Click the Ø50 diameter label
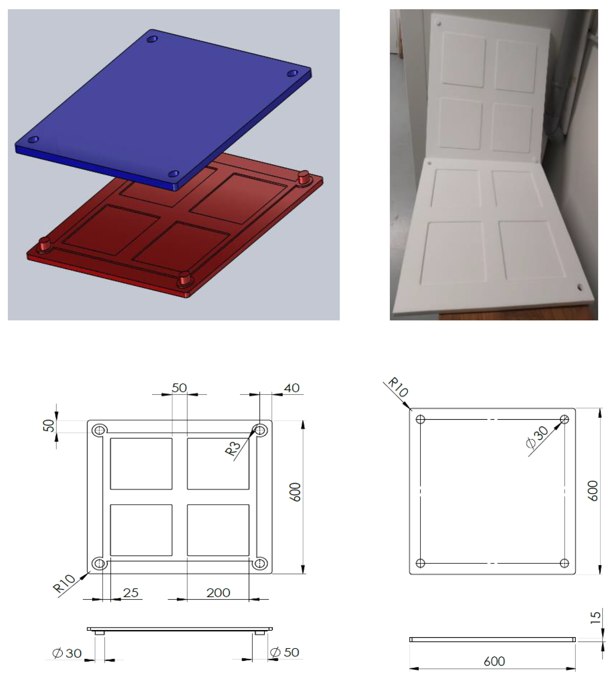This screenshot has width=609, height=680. click(x=285, y=652)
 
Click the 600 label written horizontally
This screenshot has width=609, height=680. click(x=495, y=661)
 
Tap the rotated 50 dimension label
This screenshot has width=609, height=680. click(x=49, y=426)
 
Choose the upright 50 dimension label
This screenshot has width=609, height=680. click(x=179, y=388)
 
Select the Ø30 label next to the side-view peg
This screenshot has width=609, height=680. click(x=67, y=653)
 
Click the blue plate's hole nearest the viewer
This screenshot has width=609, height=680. click(x=174, y=174)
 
